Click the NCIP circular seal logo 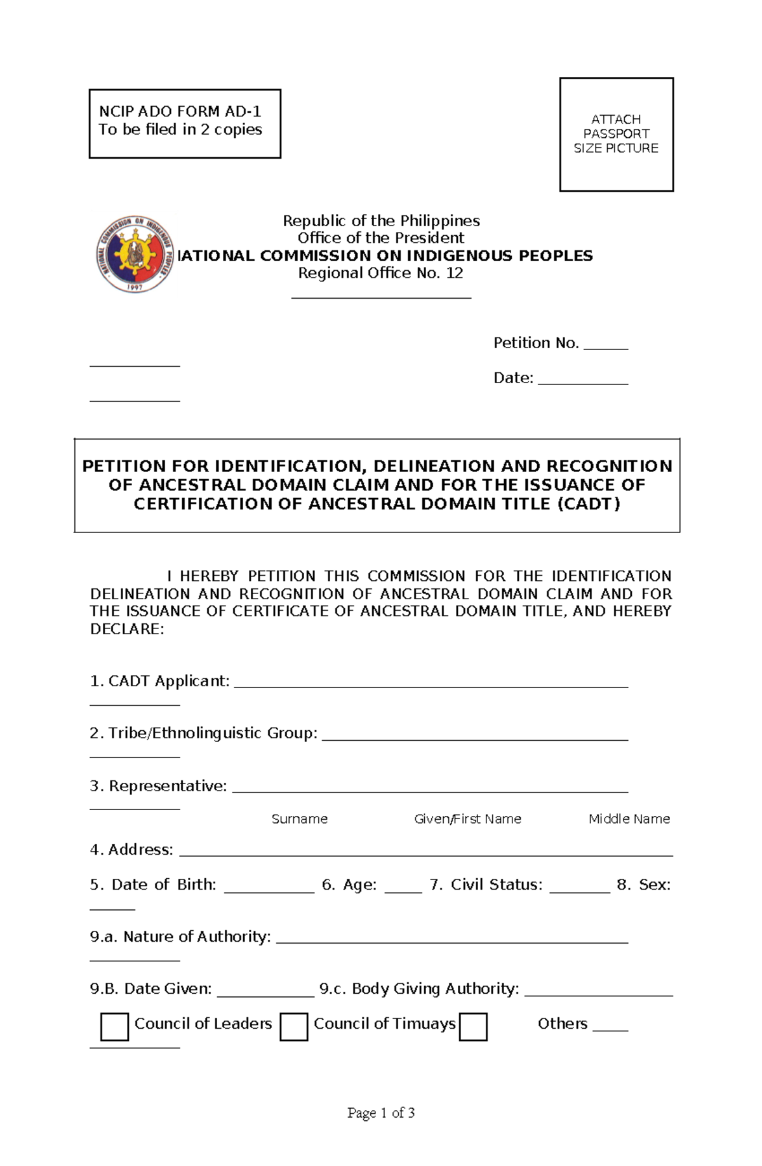135,254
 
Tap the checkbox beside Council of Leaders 115,1027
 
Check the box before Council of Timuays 294,1027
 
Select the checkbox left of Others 473,1027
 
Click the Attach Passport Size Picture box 616,134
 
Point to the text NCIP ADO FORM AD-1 180,112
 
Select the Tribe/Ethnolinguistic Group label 203,733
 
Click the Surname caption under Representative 299,819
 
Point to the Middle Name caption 629,819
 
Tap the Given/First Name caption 467,819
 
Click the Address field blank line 425,854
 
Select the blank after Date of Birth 269,890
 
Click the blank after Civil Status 579,890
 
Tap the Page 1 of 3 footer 381,1113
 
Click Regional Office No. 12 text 381,273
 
